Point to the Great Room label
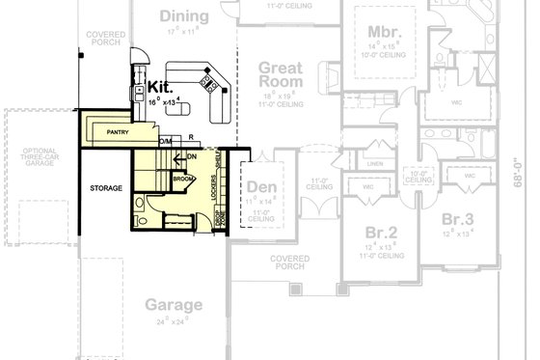click(x=282, y=75)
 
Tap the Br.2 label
click(x=382, y=233)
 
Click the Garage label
click(x=174, y=305)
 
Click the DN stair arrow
click(x=191, y=155)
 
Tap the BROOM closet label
click(x=182, y=179)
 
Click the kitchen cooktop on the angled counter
click(x=205, y=83)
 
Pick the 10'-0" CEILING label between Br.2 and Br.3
click(x=418, y=178)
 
